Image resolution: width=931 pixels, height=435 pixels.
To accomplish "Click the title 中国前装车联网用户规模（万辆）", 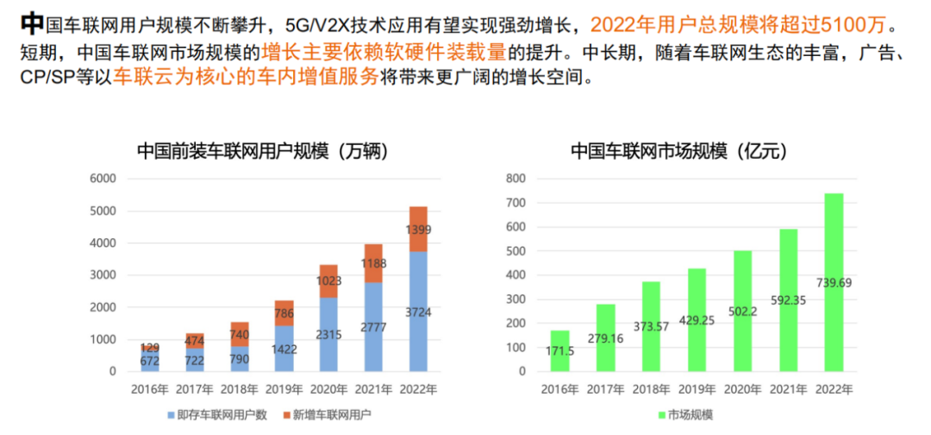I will [262, 151].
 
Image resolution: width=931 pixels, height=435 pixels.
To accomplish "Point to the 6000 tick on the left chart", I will [102, 179].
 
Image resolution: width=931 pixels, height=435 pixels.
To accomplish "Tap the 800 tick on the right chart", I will [516, 179].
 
